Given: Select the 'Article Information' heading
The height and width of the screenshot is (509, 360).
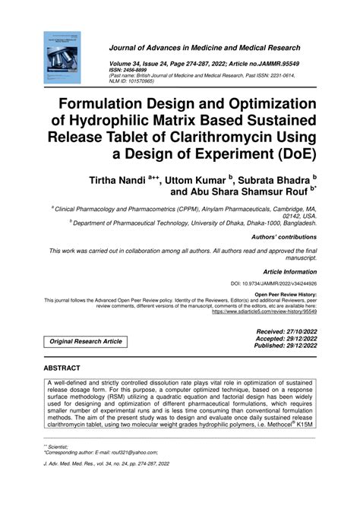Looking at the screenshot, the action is point(290,270).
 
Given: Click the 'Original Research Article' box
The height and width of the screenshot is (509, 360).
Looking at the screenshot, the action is point(86,342).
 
